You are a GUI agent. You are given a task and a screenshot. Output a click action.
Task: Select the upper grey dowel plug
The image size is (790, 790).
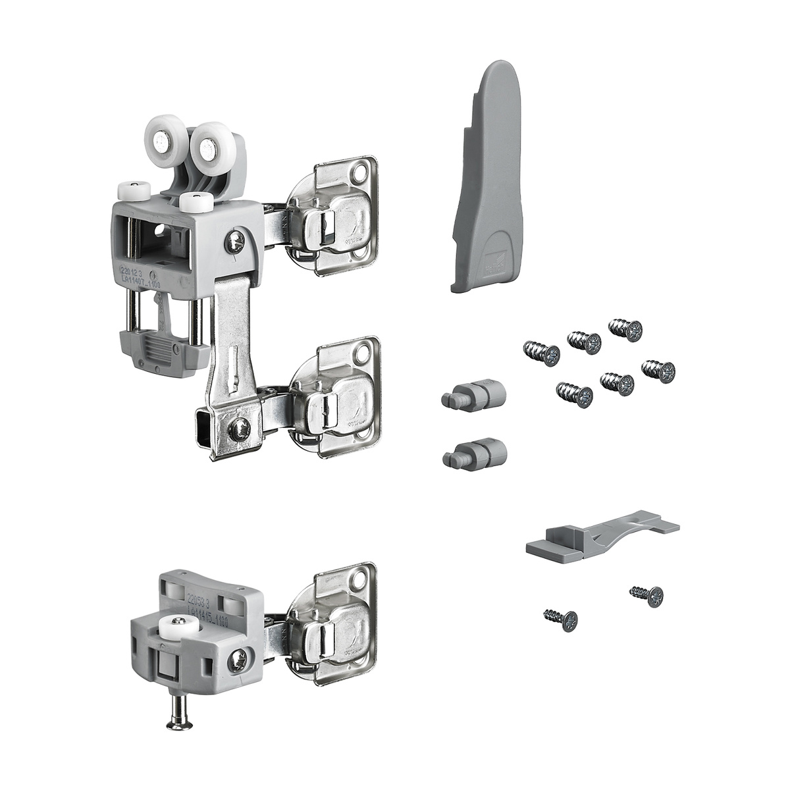[473, 395]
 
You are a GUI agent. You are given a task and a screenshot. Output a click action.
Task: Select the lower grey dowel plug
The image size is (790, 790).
[475, 452]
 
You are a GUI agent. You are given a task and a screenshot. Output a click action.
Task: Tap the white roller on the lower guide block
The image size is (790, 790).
[178, 625]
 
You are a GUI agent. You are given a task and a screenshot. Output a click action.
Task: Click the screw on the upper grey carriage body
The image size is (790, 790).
[235, 243]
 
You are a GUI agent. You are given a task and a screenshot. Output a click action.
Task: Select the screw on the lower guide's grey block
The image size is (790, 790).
[238, 660]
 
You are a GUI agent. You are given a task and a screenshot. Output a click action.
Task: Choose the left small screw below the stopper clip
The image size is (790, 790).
[561, 618]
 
